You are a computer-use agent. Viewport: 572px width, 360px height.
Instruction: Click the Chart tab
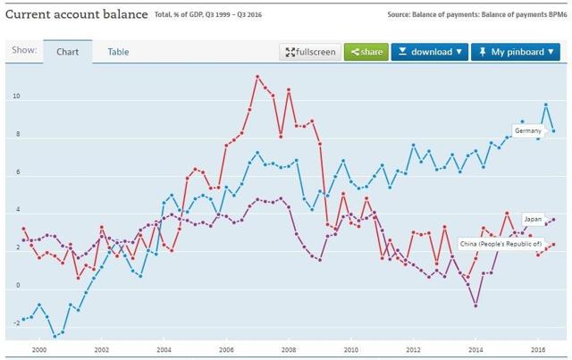[67, 52]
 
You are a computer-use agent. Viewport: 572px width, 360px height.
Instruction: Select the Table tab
[118, 52]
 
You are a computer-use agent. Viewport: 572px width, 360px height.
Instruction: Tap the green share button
[366, 52]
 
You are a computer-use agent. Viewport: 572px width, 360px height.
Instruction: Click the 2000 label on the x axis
[38, 350]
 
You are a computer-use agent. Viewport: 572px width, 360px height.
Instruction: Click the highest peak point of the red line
[257, 77]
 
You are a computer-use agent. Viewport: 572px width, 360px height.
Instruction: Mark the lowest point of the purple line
[476, 306]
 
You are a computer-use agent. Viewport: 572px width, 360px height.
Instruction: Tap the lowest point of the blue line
[55, 337]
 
